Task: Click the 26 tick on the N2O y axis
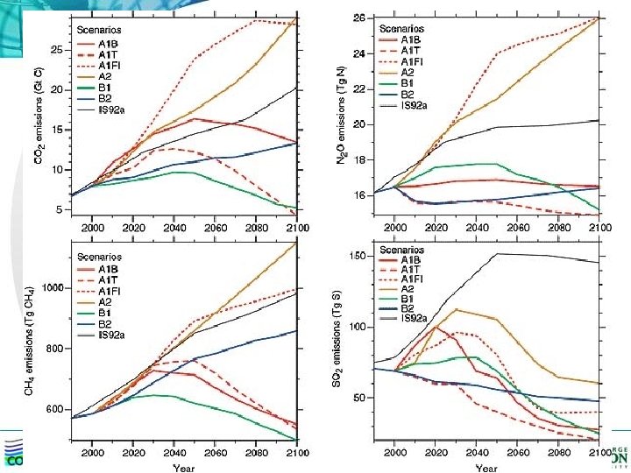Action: click(x=359, y=18)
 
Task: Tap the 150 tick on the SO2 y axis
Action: click(x=358, y=256)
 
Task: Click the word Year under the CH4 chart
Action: click(x=184, y=469)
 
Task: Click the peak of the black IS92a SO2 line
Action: click(x=498, y=254)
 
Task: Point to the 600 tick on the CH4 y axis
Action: click(x=54, y=410)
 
